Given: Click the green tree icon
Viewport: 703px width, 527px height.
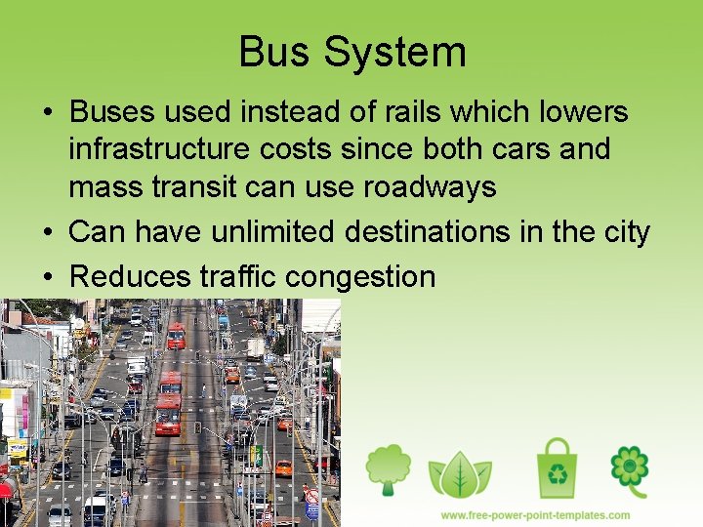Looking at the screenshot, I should coord(389,469).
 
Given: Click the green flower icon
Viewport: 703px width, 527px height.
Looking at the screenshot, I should coord(629,469).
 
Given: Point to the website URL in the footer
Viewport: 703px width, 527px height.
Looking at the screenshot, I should coord(535,515).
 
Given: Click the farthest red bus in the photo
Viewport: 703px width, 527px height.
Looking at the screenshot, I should coord(176,335).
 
